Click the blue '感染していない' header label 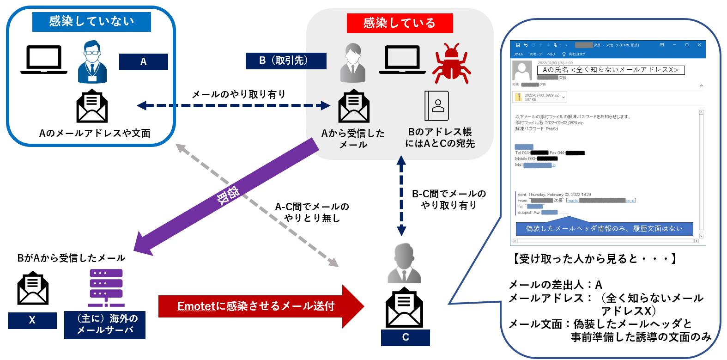tap(91, 21)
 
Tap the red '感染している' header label tap(400, 23)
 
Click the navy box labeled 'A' tap(143, 62)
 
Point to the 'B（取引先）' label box tap(286, 61)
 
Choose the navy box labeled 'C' tap(405, 337)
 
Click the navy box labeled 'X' tap(32, 320)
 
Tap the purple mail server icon tap(106, 288)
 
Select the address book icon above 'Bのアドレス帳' tap(436, 106)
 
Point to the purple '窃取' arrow tap(226, 198)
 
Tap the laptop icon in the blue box tap(44, 60)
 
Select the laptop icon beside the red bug tap(402, 60)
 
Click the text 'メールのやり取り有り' tap(238, 94)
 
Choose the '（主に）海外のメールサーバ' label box tap(104, 324)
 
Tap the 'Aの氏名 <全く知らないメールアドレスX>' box tap(610, 70)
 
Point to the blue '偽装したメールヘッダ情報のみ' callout tap(604, 228)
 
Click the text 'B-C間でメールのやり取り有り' tap(448, 199)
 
